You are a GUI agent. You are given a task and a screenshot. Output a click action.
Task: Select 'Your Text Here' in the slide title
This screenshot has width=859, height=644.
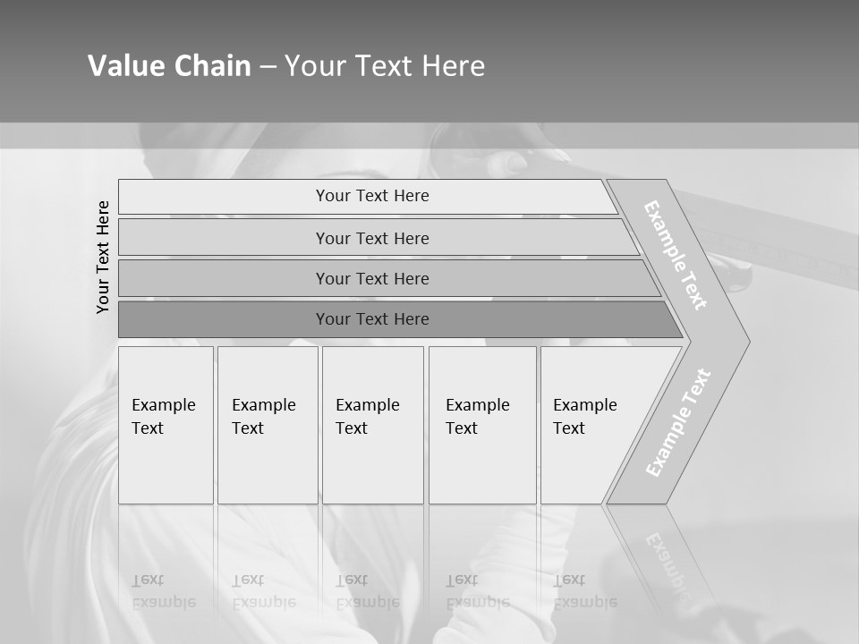point(385,66)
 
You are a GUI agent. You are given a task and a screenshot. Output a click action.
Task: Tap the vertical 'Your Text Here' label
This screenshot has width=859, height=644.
point(103,257)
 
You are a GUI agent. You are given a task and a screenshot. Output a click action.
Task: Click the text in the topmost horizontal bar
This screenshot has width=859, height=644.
point(372,196)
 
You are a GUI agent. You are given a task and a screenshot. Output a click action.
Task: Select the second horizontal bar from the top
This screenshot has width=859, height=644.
point(372,238)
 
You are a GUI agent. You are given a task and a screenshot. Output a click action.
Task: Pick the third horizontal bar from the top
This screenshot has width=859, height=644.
point(372,278)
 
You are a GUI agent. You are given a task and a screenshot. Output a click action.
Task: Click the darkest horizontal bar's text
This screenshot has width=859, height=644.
point(372,319)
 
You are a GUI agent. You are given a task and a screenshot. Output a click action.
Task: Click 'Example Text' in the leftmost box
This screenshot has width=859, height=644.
point(163,417)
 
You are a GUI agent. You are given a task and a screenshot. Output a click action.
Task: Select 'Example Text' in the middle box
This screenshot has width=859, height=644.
point(367,417)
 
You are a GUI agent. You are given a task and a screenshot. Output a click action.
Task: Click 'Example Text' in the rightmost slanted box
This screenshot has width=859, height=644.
point(584,417)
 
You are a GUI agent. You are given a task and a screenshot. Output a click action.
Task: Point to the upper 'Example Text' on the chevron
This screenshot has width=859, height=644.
point(676,255)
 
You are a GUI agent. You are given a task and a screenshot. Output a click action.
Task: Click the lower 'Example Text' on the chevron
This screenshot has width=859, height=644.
point(678,422)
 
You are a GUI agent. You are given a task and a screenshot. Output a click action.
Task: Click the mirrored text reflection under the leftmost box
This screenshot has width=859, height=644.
point(163,591)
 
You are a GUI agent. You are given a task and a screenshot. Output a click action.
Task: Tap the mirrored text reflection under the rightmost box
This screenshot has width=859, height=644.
point(584,591)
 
